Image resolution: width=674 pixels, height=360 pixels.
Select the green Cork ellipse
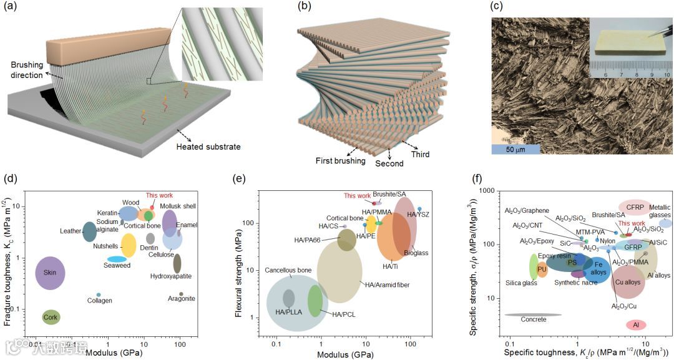pos(51,318)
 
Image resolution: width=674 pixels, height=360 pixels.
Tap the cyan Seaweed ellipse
pos(117,259)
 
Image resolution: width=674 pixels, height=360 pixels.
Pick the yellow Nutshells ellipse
pos(129,245)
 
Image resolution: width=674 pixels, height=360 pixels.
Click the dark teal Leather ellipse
pos(90,231)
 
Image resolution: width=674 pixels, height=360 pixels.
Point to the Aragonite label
pos(182,299)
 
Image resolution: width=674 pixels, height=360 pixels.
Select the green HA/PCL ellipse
pos(315,299)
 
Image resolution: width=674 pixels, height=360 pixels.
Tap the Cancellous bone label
pos(288,270)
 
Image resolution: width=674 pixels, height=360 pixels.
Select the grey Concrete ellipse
pos(533,315)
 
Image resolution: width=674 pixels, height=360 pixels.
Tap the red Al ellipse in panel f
pos(636,325)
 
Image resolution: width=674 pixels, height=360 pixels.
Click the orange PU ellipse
pos(542,270)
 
